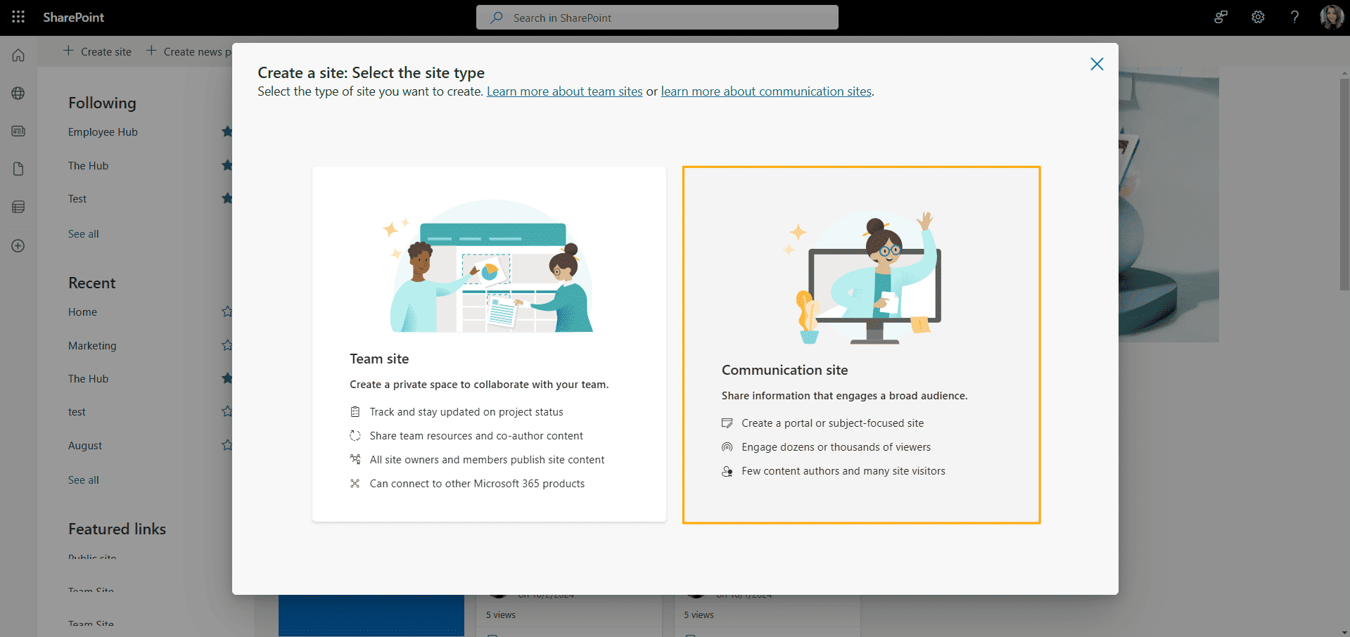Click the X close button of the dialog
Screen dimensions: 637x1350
tap(1096, 64)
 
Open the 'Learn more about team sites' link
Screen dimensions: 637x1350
tap(564, 91)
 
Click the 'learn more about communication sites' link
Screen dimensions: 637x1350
tap(765, 91)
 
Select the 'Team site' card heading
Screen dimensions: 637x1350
tap(379, 359)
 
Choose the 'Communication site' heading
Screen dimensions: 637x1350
tap(784, 370)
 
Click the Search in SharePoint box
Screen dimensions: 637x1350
tap(657, 18)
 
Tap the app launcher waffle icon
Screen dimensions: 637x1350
tap(18, 17)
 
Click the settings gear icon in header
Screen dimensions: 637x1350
tap(1258, 17)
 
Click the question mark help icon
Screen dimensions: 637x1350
tap(1294, 17)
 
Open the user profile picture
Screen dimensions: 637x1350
tap(1331, 17)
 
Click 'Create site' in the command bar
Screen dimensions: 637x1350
tap(98, 51)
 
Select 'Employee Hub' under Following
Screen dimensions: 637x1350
tap(103, 132)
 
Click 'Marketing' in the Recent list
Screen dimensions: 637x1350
tap(92, 346)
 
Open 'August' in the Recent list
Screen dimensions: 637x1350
tap(85, 446)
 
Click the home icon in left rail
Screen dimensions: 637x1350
tap(18, 55)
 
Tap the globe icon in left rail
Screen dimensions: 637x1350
tap(18, 94)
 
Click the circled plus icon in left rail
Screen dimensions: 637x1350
tap(18, 246)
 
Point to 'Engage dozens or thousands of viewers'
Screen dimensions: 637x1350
tap(836, 447)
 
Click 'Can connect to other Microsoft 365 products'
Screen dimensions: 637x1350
tap(477, 484)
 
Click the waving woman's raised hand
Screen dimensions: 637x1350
tap(926, 221)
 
